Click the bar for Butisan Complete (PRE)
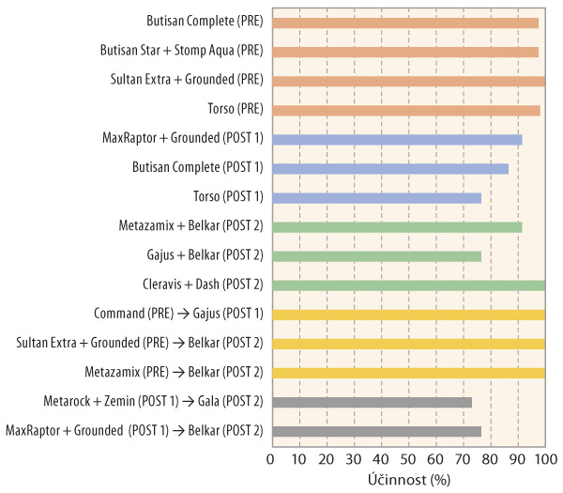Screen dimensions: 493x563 click(404, 23)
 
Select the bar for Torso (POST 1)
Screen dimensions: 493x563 click(375, 198)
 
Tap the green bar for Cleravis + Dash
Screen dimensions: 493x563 click(407, 285)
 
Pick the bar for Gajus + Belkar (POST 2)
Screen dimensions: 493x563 click(375, 256)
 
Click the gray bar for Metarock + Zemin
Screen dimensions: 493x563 click(371, 402)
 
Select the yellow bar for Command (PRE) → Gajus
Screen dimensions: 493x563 click(407, 315)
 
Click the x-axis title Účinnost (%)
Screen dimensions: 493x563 click(407, 477)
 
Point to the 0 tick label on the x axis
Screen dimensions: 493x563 click(270, 459)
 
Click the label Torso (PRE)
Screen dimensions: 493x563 click(235, 110)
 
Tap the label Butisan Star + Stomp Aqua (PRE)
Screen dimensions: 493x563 click(181, 52)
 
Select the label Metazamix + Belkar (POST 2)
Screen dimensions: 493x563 click(190, 227)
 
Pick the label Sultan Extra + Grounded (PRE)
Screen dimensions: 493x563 click(187, 81)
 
